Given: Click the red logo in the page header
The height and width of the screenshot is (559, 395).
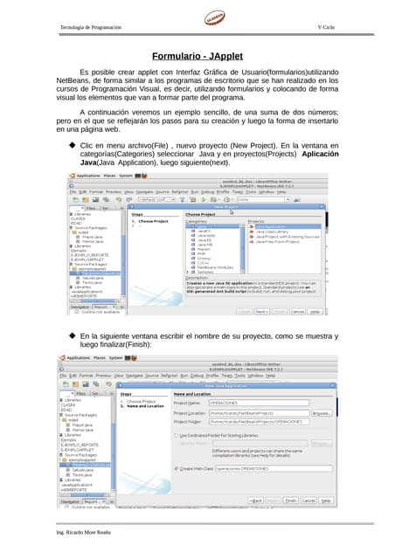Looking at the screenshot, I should click(216, 19).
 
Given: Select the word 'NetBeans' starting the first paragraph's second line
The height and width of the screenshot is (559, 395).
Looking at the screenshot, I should click(62, 80).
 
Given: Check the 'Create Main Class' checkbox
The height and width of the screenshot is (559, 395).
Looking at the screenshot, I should click(177, 468).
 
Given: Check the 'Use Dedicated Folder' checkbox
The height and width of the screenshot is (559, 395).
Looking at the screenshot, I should click(177, 434).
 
